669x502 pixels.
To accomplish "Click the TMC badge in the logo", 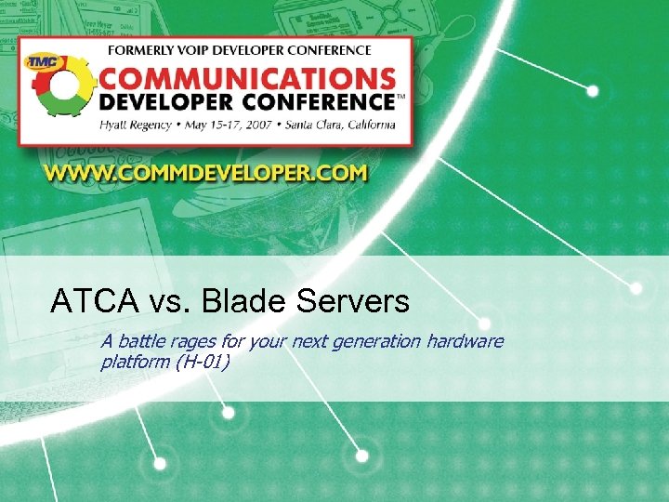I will coord(40,62).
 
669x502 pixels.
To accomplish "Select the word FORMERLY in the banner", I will coord(141,50).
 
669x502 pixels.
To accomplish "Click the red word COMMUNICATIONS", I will coord(245,75).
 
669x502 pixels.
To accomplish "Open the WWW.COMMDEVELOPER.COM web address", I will coord(204,173).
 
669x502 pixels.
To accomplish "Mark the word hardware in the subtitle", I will coord(465,341).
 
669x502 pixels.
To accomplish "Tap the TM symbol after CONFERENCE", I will coord(400,95).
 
